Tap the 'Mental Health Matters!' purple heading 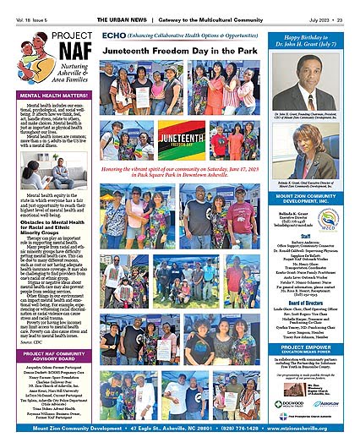pyautogui.click(x=48, y=96)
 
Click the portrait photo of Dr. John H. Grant pyautogui.click(x=314, y=84)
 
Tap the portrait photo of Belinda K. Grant pyautogui.click(x=314, y=148)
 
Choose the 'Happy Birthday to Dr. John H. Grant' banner pyautogui.click(x=314, y=42)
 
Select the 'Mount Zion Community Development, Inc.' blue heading pyautogui.click(x=314, y=201)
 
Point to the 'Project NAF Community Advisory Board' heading pyautogui.click(x=48, y=355)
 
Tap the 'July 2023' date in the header pyautogui.click(x=320, y=7)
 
